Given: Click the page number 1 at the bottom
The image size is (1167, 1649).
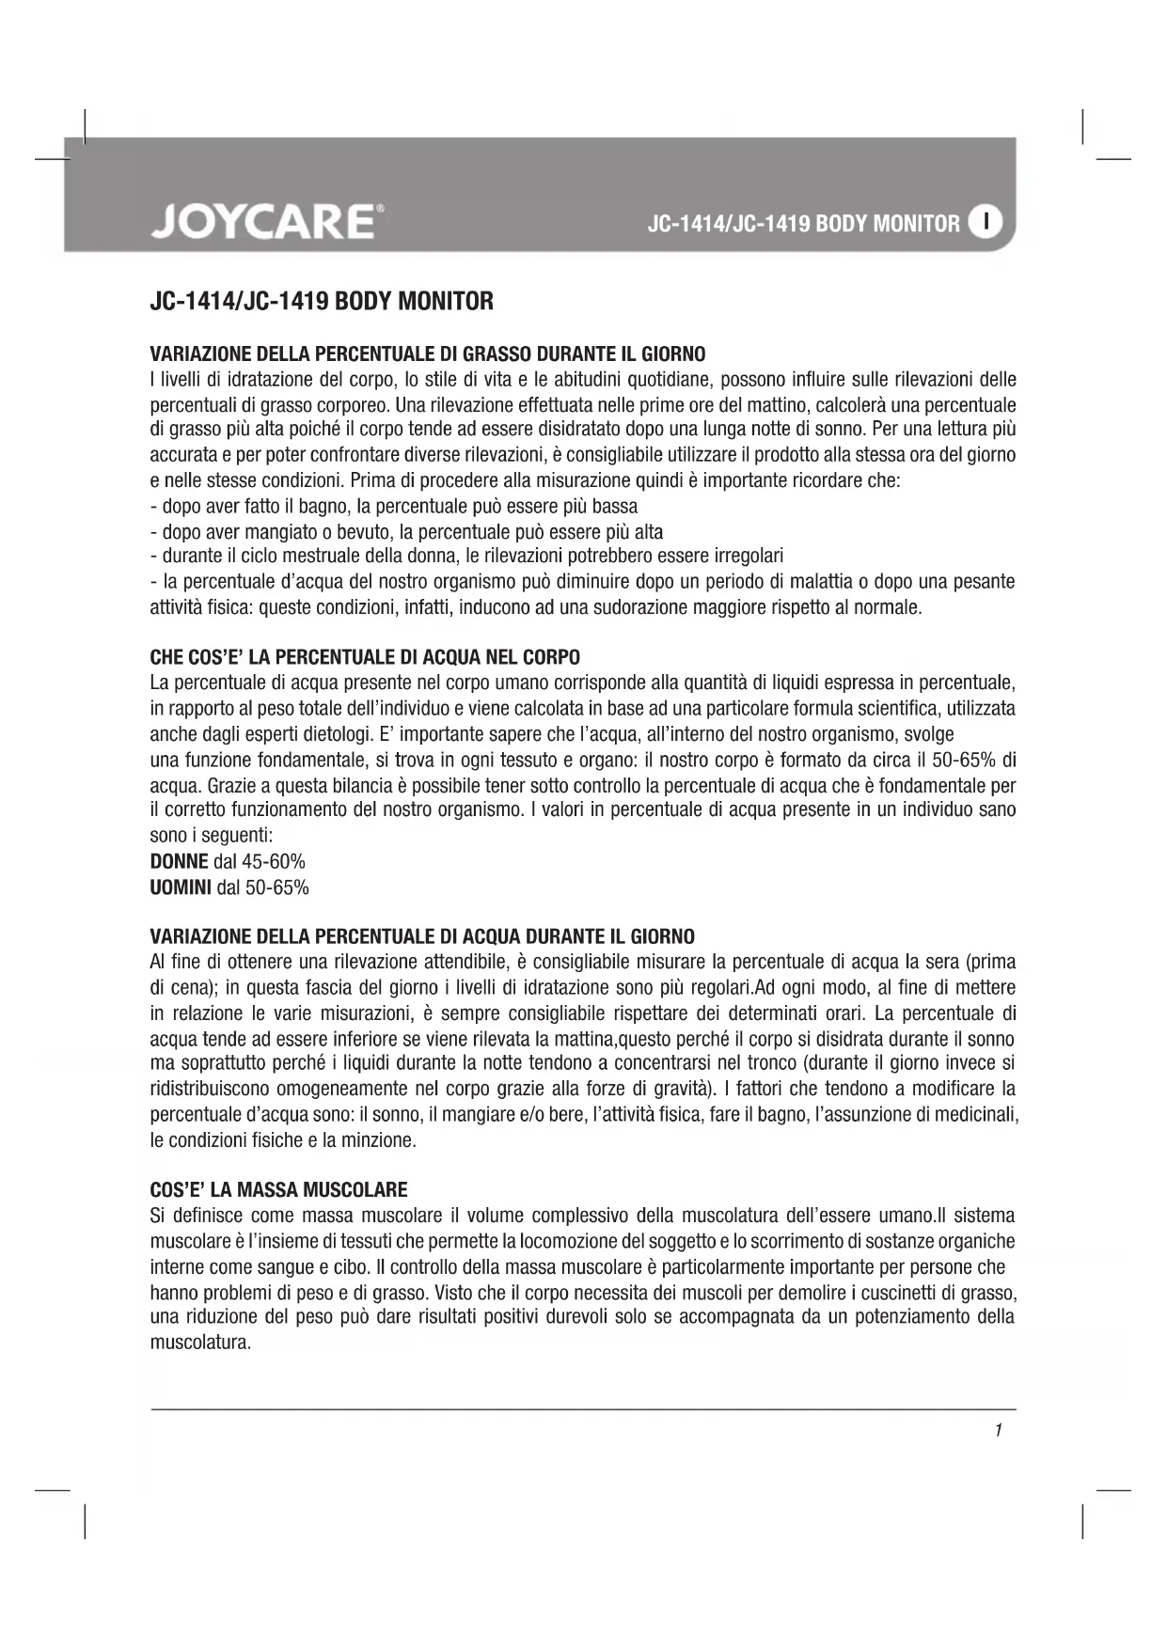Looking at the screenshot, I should (x=998, y=1430).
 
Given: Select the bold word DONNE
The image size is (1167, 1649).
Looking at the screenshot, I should (x=180, y=861).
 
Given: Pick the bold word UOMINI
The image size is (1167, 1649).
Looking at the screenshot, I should (x=181, y=887).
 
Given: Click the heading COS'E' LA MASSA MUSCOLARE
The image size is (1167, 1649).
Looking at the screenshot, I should (x=278, y=1189).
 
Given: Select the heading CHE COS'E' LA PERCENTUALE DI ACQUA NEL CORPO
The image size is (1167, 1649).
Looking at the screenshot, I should (x=365, y=656).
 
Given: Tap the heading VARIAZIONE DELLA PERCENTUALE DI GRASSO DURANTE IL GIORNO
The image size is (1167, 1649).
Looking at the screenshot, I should (x=428, y=354).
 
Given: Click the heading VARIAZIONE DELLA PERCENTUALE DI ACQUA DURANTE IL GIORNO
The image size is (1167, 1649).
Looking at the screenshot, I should (x=422, y=936).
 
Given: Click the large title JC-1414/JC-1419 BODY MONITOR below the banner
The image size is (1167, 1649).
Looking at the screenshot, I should (x=322, y=302).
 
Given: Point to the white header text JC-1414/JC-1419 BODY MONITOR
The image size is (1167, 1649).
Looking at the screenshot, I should (x=804, y=224).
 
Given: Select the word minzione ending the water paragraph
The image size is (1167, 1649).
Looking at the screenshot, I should (x=380, y=1140).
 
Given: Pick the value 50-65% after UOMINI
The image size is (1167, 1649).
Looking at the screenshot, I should (x=276, y=887).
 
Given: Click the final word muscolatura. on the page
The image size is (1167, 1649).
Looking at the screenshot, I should (x=200, y=1342).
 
